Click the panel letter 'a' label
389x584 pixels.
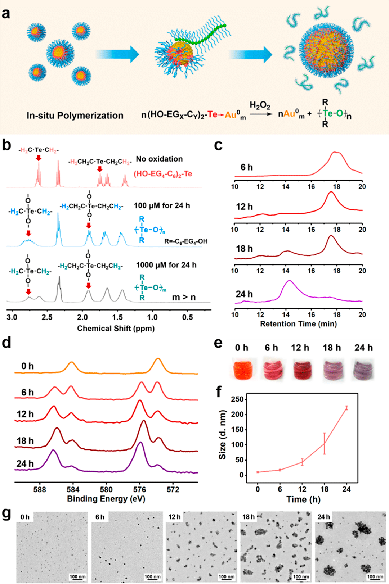click(x=6, y=14)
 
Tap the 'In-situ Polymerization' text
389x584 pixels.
click(x=75, y=116)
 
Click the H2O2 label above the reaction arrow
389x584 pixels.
click(x=260, y=105)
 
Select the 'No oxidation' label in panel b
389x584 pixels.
click(x=159, y=159)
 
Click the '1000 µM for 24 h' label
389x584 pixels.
click(x=166, y=265)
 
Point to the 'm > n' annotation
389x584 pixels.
click(x=184, y=298)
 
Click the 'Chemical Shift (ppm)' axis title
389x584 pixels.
click(x=116, y=329)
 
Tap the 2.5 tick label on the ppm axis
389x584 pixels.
click(x=47, y=317)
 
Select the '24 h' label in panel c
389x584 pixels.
click(x=244, y=294)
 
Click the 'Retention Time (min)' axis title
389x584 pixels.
click(x=298, y=324)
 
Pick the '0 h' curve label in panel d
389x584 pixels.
click(x=27, y=366)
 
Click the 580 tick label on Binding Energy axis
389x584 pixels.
click(x=106, y=489)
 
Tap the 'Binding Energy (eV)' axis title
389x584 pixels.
click(x=106, y=499)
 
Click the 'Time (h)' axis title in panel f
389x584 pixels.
click(x=303, y=499)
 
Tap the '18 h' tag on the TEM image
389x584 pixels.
click(x=249, y=517)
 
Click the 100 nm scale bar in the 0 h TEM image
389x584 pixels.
click(x=77, y=577)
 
